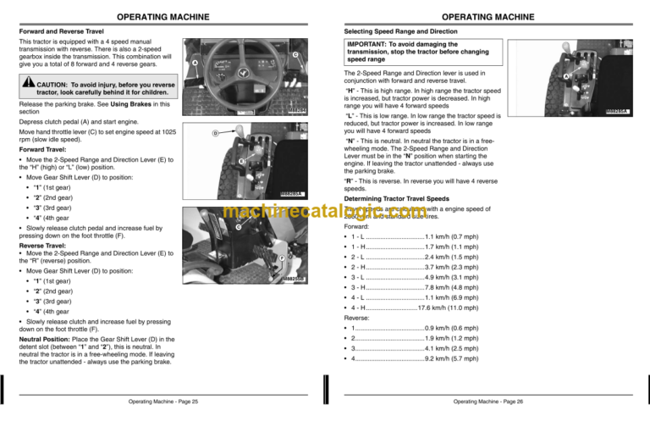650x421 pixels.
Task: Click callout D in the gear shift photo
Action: click(x=215, y=133)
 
